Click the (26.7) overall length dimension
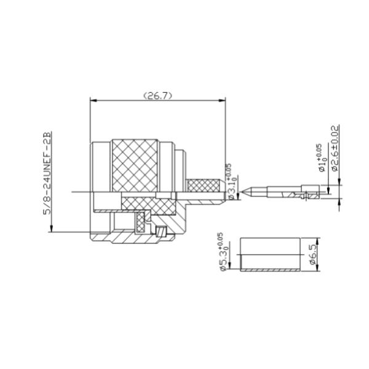(157, 96)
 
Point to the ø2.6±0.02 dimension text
(335, 148)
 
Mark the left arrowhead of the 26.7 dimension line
(92, 101)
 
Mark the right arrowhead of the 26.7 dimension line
(223, 101)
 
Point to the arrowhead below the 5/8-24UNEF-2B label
(51, 230)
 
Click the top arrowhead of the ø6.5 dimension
(315, 240)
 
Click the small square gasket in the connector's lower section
(162, 232)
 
